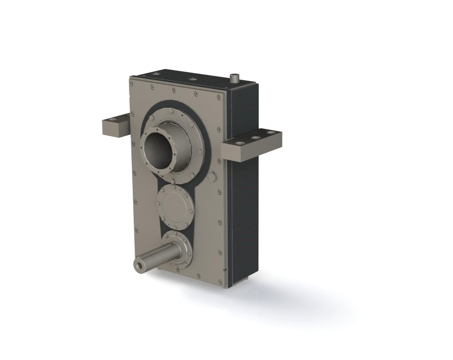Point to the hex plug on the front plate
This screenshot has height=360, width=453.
pyautogui.click(x=212, y=177)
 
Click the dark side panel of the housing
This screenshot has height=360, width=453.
pyautogui.click(x=244, y=211)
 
